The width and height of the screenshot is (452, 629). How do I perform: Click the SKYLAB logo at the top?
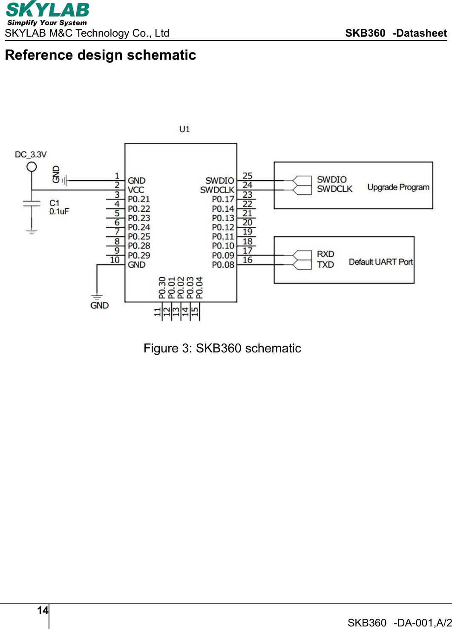[x=47, y=14]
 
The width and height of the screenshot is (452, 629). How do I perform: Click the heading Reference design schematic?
[x=101, y=55]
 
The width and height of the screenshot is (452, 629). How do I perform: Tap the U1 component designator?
[x=184, y=129]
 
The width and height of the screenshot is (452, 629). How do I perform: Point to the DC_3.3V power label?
[x=31, y=154]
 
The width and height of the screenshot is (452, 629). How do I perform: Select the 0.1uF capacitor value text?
[x=59, y=212]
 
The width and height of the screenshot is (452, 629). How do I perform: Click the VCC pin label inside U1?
[x=136, y=190]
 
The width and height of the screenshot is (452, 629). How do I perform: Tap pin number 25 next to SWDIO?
[x=247, y=176]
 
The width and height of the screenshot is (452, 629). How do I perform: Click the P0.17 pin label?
[x=223, y=199]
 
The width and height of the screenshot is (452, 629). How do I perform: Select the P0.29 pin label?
[x=139, y=255]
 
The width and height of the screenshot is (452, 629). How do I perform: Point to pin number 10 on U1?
[x=115, y=260]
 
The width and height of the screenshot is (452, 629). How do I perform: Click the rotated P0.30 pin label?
[x=162, y=288]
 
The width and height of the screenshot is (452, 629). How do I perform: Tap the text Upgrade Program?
[x=398, y=187]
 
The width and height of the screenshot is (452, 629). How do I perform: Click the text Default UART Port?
[x=380, y=262]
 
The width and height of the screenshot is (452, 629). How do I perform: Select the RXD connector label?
[x=325, y=254]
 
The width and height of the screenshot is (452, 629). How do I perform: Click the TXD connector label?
[x=325, y=265]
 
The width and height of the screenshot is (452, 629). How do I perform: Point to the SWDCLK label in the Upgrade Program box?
[x=334, y=189]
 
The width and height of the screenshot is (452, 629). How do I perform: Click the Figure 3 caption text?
[x=222, y=348]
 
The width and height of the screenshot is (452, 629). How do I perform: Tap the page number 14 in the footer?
[x=43, y=611]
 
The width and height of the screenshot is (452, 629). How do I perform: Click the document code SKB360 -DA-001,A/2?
[x=399, y=623]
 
